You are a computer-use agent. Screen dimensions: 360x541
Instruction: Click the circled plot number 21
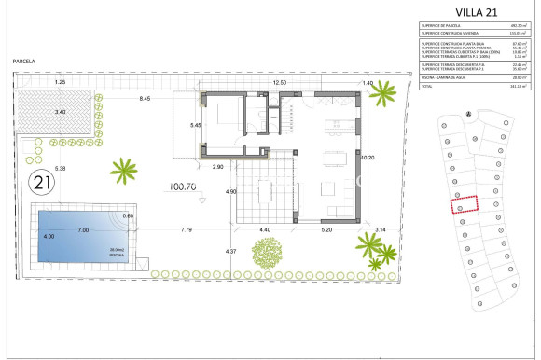coord(41,180)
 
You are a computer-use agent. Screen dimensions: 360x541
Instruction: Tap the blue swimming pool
coord(81,236)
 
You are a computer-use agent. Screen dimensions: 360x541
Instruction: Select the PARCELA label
coord(24,61)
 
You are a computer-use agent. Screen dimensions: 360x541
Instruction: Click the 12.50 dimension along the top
coord(280,83)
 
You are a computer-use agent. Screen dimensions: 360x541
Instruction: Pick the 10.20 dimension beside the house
coord(367,158)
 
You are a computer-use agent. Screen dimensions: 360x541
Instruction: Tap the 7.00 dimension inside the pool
coord(83,229)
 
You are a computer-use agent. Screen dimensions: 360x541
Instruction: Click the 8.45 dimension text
coord(145,98)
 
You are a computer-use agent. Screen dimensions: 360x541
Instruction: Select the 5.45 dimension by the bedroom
coord(195,125)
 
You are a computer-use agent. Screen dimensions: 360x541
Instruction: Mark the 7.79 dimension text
coord(187,229)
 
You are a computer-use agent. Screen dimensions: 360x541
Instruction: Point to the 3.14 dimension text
coord(380,229)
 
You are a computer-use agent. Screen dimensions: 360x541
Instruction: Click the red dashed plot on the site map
coord(464,204)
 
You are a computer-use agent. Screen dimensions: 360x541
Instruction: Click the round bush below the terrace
coord(270,252)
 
